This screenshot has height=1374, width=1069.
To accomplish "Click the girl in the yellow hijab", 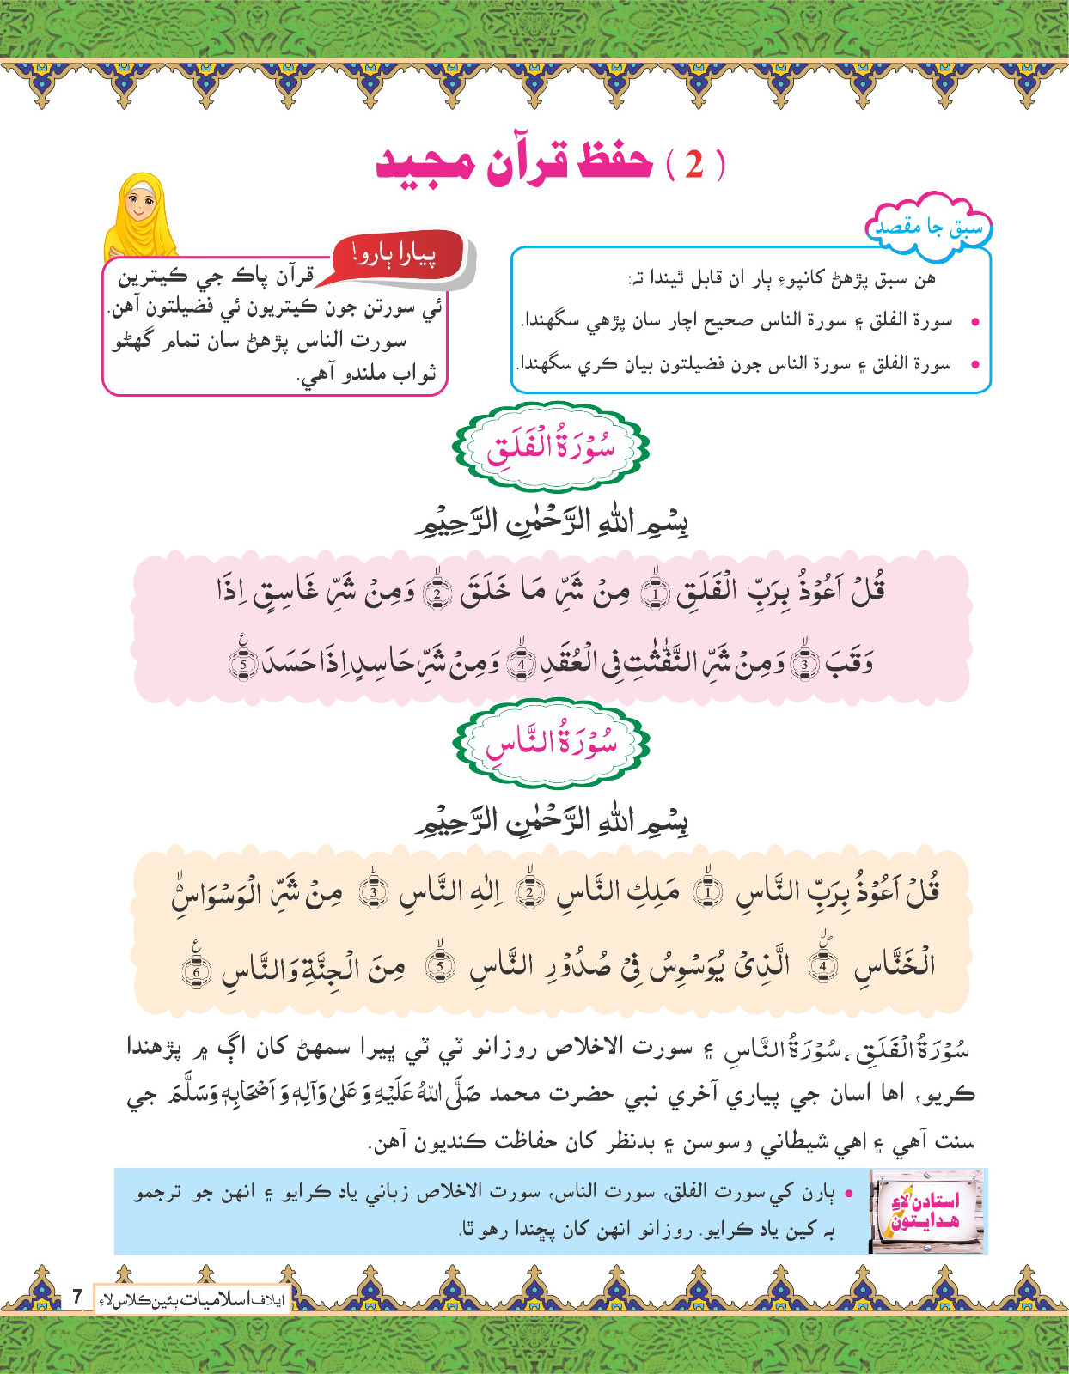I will [140, 216].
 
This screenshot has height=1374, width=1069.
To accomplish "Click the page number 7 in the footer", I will [76, 1296].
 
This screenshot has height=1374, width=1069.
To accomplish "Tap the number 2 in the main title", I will [694, 164].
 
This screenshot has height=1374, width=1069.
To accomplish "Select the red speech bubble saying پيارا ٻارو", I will [398, 255].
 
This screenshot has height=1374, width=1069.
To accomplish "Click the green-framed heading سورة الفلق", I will [551, 447].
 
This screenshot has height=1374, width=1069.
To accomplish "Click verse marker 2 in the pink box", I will [437, 593].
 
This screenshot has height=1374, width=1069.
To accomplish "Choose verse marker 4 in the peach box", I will [822, 965].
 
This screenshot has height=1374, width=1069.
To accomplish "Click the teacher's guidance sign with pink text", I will [926, 1211].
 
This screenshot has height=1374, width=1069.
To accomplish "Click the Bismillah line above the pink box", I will [551, 521].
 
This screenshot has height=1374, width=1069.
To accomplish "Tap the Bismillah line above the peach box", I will [551, 822].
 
